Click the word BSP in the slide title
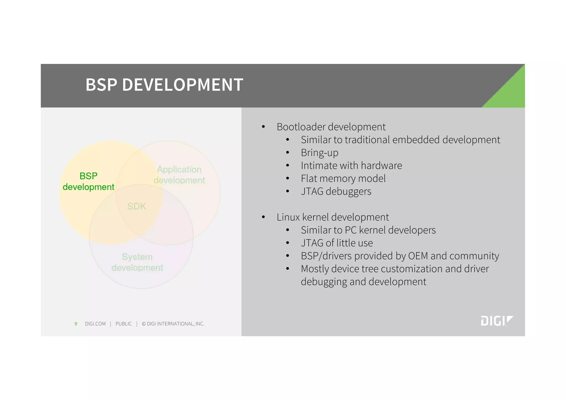click(101, 85)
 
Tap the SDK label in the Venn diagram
click(137, 206)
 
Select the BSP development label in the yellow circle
click(88, 181)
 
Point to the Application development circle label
click(179, 175)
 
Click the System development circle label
click(137, 262)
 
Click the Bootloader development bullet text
click(331, 127)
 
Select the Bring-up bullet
click(319, 153)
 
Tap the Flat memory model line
click(343, 178)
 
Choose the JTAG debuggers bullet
click(336, 191)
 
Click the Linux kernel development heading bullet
click(332, 217)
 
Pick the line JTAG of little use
click(337, 243)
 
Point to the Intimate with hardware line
click(351, 166)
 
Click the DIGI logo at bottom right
click(497, 321)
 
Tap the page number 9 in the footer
click(76, 324)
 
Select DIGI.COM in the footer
click(95, 324)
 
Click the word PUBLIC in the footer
click(124, 324)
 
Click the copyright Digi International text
click(173, 324)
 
